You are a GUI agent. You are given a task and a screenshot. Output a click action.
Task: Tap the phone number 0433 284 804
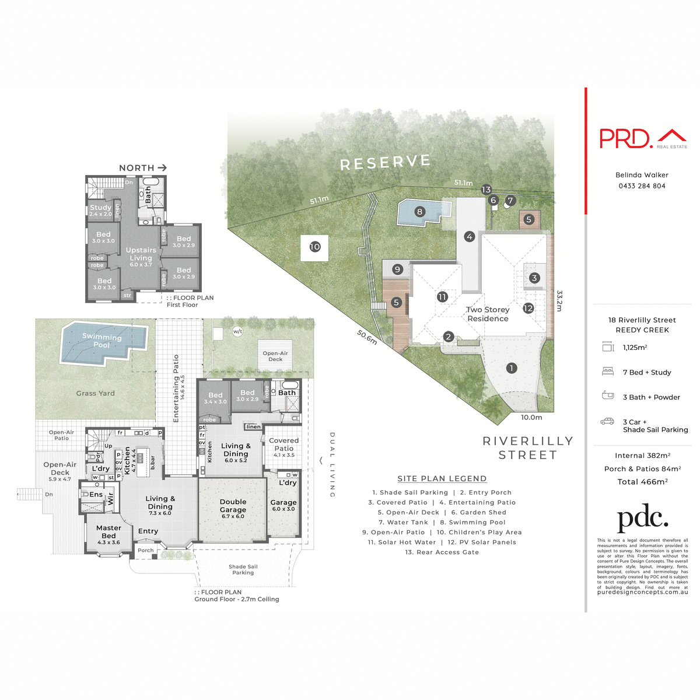pyautogui.click(x=642, y=186)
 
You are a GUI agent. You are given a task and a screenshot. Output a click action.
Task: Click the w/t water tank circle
pyautogui.click(x=237, y=331)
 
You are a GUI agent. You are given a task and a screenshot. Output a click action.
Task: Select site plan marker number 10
pyautogui.click(x=315, y=247)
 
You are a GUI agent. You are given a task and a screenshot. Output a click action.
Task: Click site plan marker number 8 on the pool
pyautogui.click(x=419, y=212)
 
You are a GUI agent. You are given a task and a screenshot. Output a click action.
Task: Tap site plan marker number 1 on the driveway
pyautogui.click(x=512, y=368)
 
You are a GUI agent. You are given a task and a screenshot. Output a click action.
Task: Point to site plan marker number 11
pyautogui.click(x=442, y=297)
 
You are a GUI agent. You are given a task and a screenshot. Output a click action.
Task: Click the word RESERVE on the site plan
pyautogui.click(x=385, y=163)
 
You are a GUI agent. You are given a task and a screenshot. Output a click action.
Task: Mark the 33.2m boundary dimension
pyautogui.click(x=559, y=301)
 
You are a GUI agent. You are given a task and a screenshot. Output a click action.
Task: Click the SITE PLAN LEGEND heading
pyautogui.click(x=442, y=479)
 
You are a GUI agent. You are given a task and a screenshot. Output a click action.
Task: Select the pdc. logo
pyautogui.click(x=642, y=519)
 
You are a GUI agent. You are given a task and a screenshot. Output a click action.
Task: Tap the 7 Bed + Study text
pyautogui.click(x=646, y=372)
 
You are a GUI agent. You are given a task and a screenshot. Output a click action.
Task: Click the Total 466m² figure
pyautogui.click(x=642, y=482)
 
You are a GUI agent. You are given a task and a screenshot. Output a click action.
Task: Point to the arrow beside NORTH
pyautogui.click(x=162, y=167)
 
